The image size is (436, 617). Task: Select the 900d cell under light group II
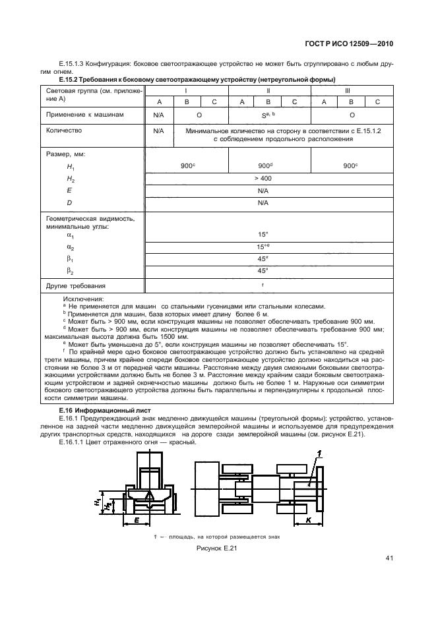click(268, 166)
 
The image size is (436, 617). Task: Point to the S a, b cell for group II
click(268, 114)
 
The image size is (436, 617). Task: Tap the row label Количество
click(64, 131)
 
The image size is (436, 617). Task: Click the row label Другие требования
click(76, 286)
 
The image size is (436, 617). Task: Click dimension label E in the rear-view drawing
click(136, 521)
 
